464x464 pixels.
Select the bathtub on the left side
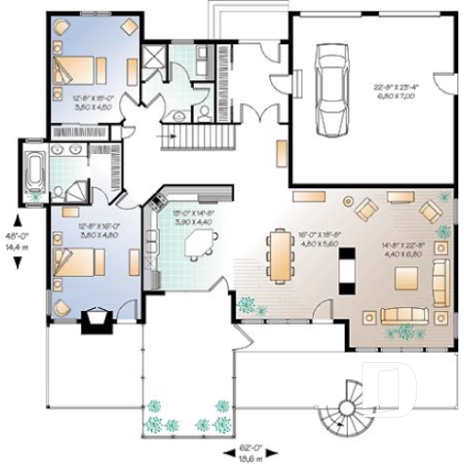[x=35, y=173]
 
